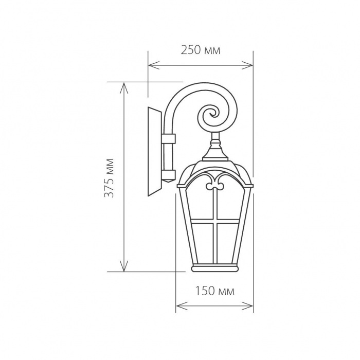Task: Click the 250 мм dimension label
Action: coord(201,50)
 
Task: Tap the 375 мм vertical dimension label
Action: coord(109,178)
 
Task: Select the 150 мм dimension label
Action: coord(215,292)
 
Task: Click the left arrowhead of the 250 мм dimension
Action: coord(154,65)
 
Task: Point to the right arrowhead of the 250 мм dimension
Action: coord(247,65)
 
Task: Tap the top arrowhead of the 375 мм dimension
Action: coord(124,88)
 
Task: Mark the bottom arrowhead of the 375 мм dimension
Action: coord(124,266)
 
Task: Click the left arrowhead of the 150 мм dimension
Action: coord(182,306)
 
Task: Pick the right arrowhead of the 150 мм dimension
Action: coord(247,306)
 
